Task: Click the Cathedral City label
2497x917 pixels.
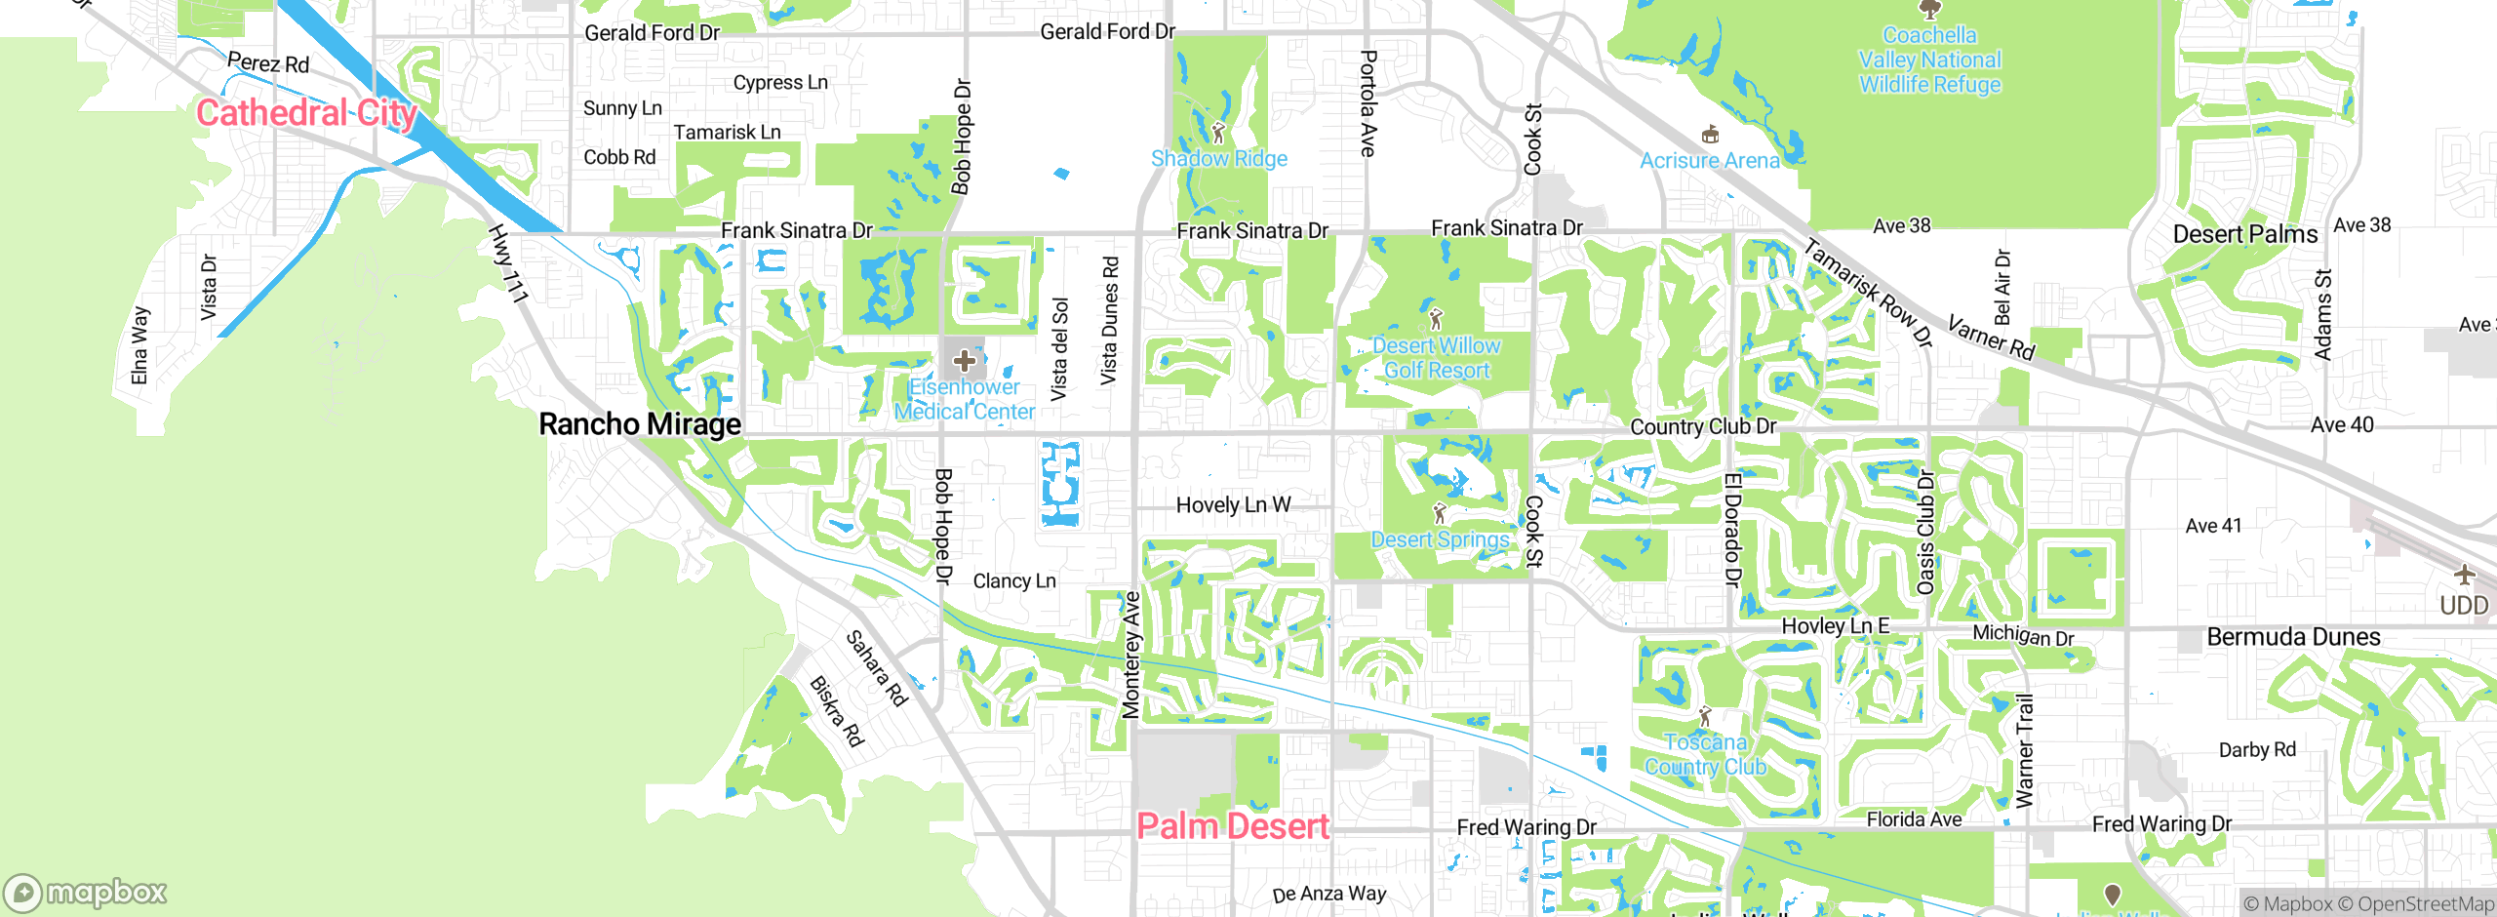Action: [306, 113]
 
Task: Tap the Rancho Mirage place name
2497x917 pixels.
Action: [640, 424]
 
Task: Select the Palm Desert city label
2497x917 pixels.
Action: [1232, 826]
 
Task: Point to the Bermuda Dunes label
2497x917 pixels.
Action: [2292, 637]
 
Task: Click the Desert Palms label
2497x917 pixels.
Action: [2244, 234]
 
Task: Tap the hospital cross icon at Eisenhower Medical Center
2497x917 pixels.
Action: [965, 361]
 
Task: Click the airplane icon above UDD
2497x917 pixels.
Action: [2464, 574]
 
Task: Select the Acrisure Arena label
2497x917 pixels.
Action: [1709, 160]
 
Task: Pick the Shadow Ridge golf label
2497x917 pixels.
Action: [1218, 158]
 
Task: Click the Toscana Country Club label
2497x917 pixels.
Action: [1705, 754]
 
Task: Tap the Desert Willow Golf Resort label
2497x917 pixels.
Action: [1436, 357]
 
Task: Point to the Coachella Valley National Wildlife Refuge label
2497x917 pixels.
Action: [1929, 60]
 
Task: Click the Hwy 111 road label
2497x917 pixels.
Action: [508, 263]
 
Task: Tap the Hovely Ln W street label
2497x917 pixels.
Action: [1233, 504]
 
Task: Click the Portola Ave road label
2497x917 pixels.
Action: [1367, 103]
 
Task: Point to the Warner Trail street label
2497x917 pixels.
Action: [2025, 751]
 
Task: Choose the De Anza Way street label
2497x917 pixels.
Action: [1328, 894]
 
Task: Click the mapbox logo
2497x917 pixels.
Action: [86, 892]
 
